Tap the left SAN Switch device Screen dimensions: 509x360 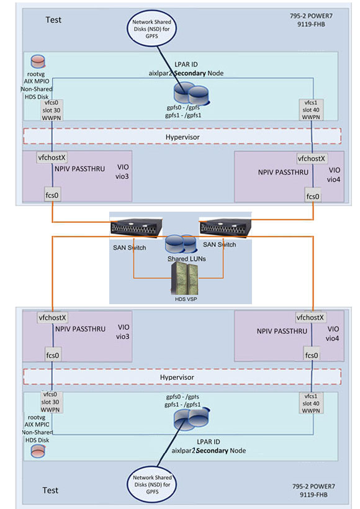point(137,228)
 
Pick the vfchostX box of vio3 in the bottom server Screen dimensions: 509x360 point(52,317)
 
